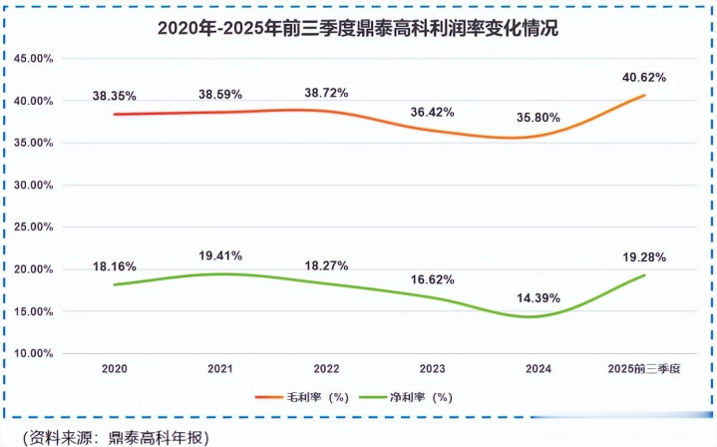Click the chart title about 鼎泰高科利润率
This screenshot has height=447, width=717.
pos(357,29)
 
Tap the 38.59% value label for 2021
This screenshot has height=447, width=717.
pos(220,93)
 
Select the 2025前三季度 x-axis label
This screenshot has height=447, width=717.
pos(643,369)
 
